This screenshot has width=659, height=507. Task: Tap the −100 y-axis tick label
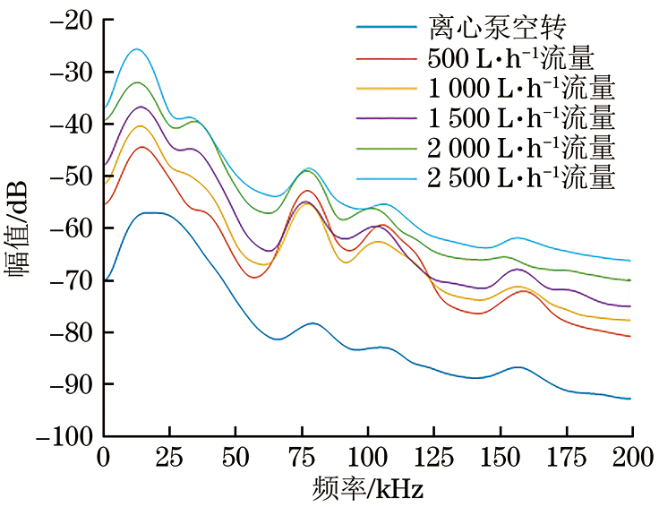point(65,437)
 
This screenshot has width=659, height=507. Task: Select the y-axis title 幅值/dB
point(20,228)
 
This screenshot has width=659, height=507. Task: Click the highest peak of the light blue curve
point(136,49)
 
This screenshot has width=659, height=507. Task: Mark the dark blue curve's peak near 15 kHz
point(148,212)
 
